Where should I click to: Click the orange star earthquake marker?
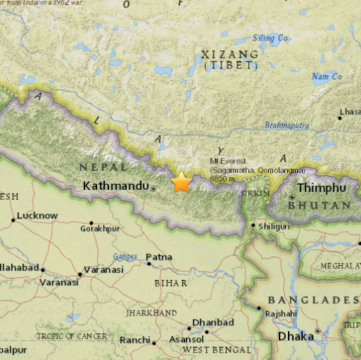point(182,182)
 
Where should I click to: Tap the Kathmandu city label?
point(116,186)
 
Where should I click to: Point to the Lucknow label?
point(37,215)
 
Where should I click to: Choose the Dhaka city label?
point(295,336)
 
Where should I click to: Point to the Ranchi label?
point(135,339)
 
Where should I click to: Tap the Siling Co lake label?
point(271,38)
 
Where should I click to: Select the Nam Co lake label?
point(327,76)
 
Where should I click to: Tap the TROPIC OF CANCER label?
point(72,335)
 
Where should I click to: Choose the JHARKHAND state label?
point(151,312)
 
